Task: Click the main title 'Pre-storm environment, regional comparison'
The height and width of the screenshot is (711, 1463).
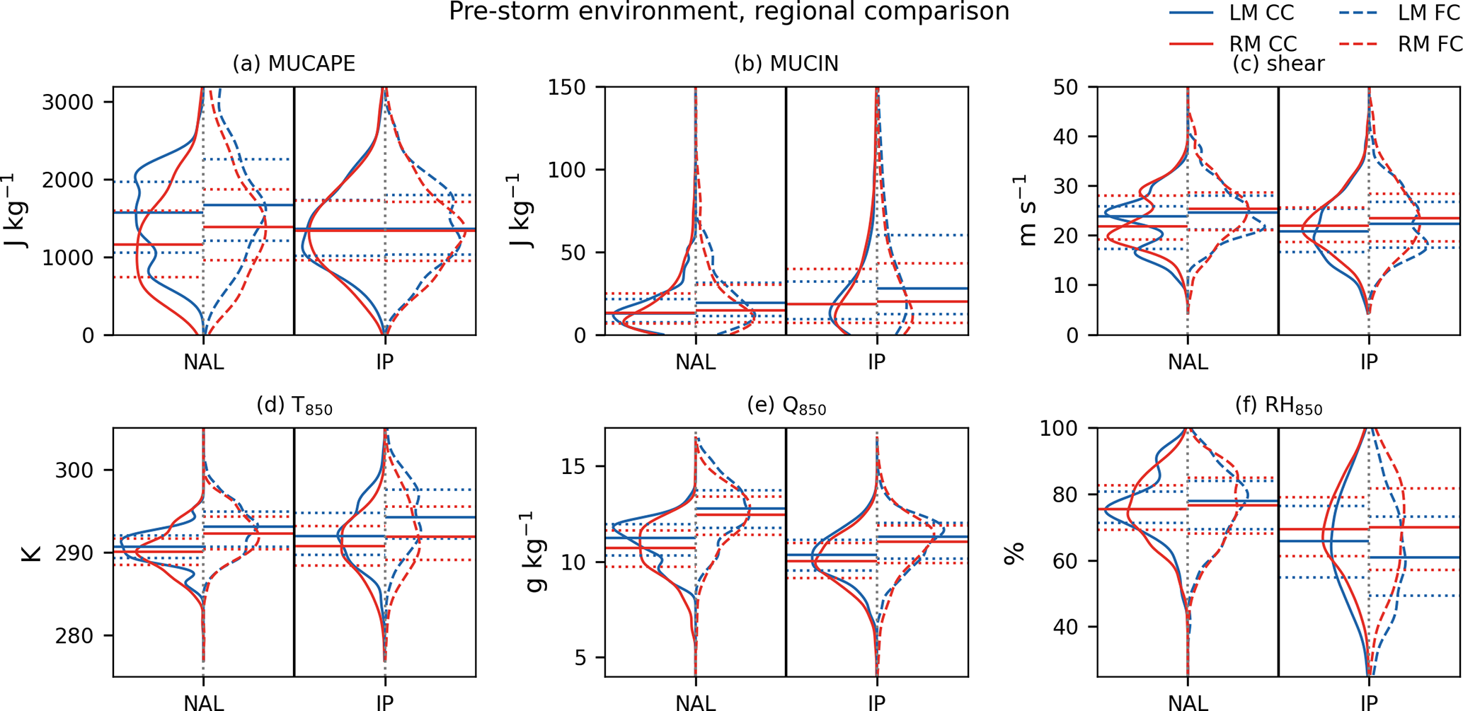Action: pyautogui.click(x=729, y=12)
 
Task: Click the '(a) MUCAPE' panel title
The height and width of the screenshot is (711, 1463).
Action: pyautogui.click(x=294, y=64)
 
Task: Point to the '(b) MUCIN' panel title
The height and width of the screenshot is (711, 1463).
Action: pyautogui.click(x=786, y=64)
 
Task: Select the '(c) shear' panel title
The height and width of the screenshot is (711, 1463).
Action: pyautogui.click(x=1278, y=64)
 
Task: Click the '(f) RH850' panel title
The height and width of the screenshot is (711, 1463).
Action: pyautogui.click(x=1278, y=406)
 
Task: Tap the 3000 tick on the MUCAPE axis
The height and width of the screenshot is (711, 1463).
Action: pyautogui.click(x=68, y=103)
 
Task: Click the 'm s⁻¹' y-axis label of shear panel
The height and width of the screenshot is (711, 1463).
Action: pyautogui.click(x=1027, y=211)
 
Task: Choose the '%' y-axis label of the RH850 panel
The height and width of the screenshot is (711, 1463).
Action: pyautogui.click(x=1015, y=553)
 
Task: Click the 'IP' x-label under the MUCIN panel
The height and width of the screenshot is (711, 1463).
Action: pyautogui.click(x=876, y=362)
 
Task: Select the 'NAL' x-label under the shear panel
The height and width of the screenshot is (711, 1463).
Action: pyautogui.click(x=1188, y=362)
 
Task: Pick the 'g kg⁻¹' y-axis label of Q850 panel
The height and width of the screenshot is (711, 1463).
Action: pyautogui.click(x=537, y=553)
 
